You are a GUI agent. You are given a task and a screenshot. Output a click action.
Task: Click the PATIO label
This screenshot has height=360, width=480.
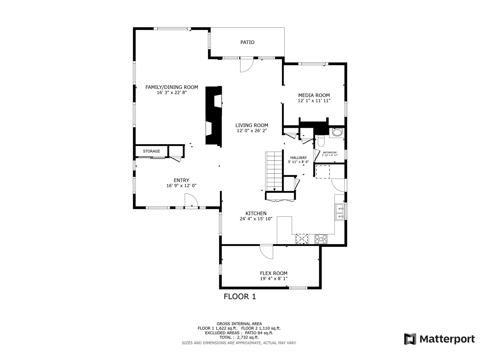coord(247,42)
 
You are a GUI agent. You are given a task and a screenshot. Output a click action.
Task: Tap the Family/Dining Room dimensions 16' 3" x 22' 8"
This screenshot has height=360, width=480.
coord(172,93)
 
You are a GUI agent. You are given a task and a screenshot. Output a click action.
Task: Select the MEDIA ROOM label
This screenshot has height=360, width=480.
coord(314,95)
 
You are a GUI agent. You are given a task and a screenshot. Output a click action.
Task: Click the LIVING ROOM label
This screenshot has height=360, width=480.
coord(251,125)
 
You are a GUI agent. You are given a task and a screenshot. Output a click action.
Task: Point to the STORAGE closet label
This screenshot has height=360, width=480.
coord(151,151)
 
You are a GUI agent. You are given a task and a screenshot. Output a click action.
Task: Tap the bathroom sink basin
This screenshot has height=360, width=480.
coord(337,133)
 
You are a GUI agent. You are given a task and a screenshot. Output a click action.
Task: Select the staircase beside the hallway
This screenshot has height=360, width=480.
coord(274,171)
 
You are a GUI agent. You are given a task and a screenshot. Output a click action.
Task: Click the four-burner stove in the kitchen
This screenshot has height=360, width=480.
coord(321,239)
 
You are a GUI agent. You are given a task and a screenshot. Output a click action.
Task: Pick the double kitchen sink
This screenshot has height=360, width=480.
coord(340,212)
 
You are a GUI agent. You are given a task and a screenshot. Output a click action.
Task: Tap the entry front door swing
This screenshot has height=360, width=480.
coord(191,200)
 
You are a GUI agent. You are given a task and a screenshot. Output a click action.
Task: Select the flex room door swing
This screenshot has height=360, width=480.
coord(267,252)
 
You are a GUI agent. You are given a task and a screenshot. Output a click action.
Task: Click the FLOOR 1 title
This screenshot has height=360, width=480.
coord(240,297)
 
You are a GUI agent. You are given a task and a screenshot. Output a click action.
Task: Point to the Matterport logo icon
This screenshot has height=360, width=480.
coord(410,339)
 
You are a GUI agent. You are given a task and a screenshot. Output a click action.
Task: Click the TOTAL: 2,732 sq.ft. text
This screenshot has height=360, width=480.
coord(239,337)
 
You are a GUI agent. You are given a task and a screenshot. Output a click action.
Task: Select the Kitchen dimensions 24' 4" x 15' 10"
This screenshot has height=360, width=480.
coord(256,219)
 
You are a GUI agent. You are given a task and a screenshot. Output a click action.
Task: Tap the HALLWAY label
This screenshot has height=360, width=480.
coord(298,157)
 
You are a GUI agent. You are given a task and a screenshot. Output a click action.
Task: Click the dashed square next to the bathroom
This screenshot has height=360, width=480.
coord(322,172)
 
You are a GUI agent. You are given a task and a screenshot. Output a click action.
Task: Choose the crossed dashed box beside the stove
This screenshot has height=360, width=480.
coord(302,239)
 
